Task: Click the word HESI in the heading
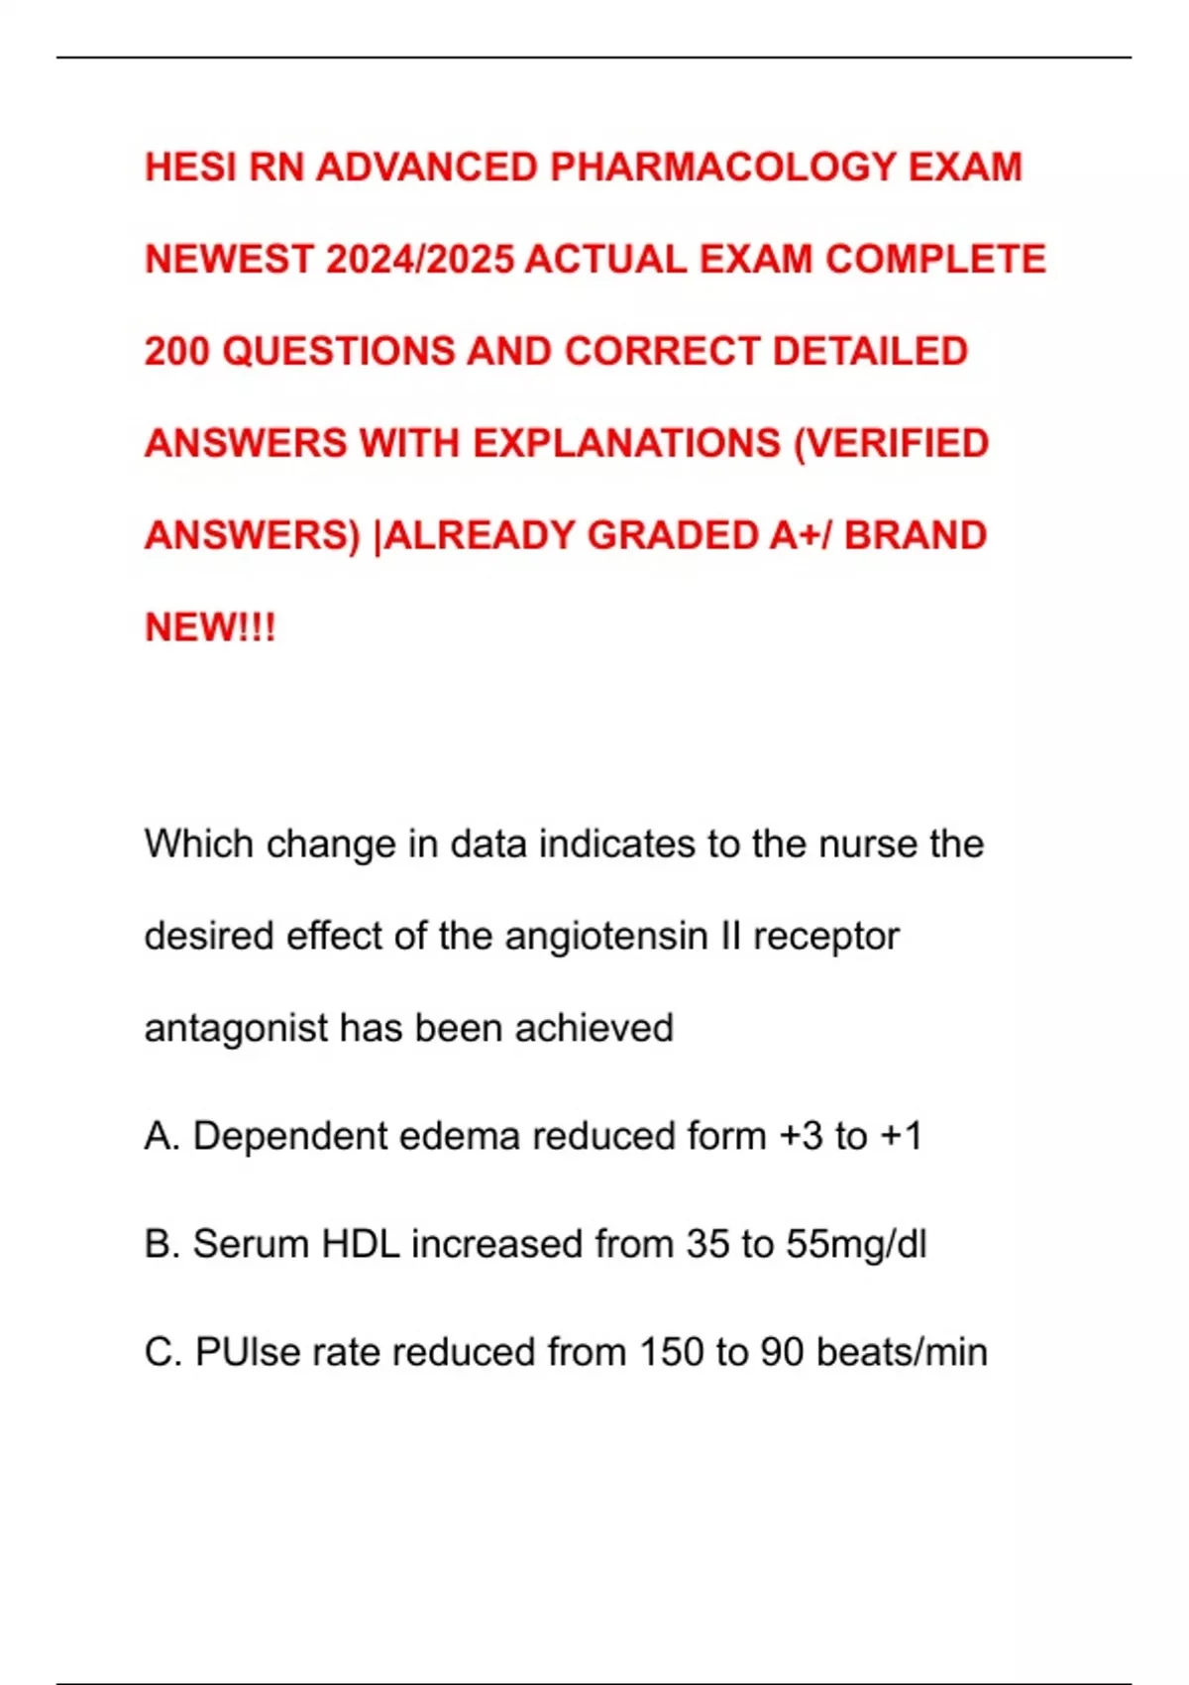(190, 168)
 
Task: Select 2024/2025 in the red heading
(419, 260)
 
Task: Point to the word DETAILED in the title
(870, 352)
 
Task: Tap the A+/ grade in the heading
(801, 536)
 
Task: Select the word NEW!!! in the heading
(210, 628)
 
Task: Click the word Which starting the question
(199, 844)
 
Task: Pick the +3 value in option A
(801, 1137)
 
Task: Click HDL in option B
(361, 1245)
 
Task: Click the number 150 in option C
(671, 1353)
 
